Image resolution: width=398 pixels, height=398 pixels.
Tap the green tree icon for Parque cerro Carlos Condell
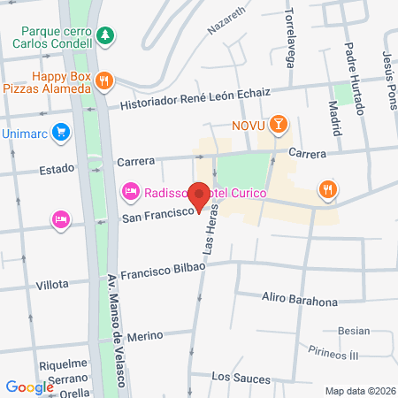(x=105, y=34)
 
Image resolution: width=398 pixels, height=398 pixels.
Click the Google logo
(x=30, y=387)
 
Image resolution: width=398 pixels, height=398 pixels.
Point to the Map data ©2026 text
(x=358, y=390)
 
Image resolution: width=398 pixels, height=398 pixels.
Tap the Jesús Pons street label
(x=388, y=75)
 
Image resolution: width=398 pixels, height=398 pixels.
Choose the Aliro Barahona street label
(x=300, y=301)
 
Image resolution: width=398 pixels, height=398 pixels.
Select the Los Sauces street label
(x=241, y=378)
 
